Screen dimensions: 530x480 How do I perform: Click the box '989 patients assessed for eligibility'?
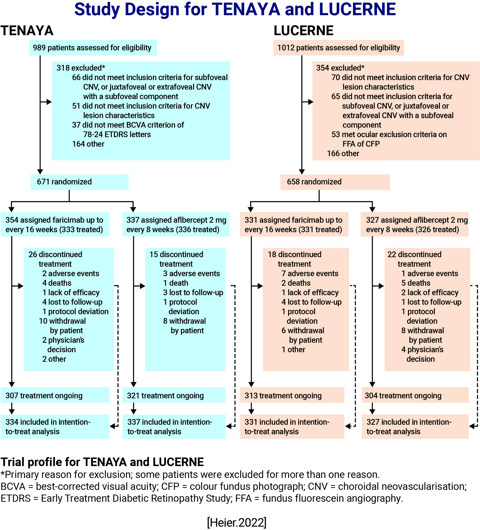(93, 48)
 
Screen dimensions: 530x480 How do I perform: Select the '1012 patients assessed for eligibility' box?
(338, 48)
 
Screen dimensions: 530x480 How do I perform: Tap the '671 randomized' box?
(79, 182)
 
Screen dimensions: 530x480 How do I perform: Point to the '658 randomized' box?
(335, 182)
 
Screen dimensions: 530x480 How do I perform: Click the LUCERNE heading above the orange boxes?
(303, 31)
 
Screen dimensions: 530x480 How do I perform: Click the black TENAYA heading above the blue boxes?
(27, 31)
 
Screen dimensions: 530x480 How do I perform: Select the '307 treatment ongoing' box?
(55, 395)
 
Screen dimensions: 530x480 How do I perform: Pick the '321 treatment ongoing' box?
(174, 395)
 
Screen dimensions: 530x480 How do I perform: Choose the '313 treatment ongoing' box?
(292, 395)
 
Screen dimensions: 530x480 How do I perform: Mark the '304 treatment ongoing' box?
(415, 395)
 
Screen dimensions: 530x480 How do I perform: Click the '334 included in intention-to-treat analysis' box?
(55, 426)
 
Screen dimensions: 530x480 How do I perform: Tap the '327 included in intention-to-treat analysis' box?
(415, 426)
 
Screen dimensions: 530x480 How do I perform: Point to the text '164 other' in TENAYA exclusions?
(88, 144)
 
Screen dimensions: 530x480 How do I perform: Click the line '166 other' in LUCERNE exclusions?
(343, 154)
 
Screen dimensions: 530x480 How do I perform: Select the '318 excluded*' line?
(81, 68)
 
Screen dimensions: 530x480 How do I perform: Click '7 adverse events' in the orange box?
(310, 274)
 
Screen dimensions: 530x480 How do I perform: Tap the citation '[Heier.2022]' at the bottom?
(237, 522)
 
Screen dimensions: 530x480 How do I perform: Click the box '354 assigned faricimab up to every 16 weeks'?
(55, 225)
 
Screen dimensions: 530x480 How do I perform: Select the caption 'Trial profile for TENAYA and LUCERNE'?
(102, 462)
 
